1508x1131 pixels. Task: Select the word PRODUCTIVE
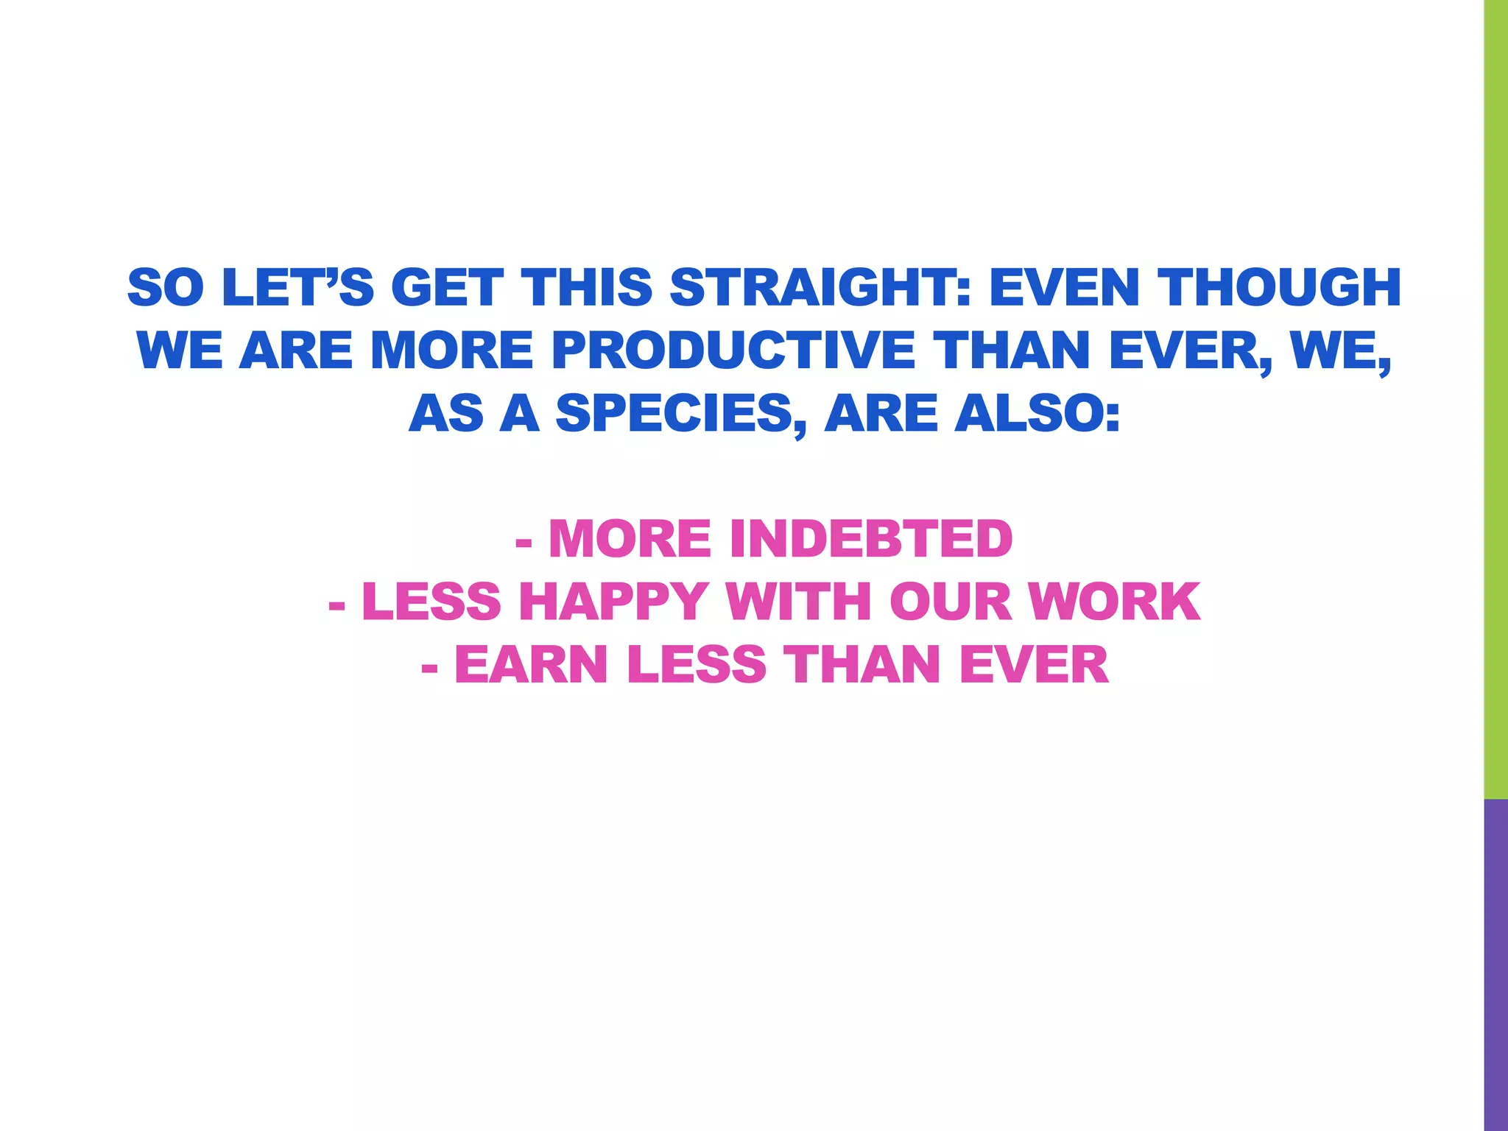click(733, 350)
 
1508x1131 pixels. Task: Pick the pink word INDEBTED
click(871, 539)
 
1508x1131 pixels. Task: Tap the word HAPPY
click(613, 602)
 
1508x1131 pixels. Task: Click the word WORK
click(1114, 602)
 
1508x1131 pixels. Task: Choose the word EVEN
click(1060, 287)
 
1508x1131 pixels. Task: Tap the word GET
click(447, 287)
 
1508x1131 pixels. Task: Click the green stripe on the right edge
click(1495, 398)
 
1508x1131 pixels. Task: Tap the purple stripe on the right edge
click(1495, 965)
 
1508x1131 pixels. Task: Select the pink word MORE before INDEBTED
click(630, 539)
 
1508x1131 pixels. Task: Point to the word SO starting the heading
click(166, 287)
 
